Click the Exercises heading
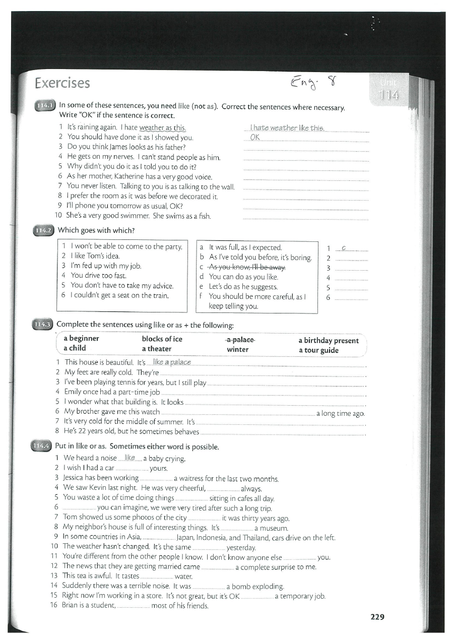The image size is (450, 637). click(62, 83)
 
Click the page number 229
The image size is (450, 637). click(377, 616)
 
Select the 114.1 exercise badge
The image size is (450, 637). click(44, 106)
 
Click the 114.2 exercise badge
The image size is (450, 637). click(43, 230)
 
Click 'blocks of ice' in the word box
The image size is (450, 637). click(162, 339)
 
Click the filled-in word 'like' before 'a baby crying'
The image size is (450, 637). click(130, 458)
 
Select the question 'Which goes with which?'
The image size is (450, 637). click(96, 230)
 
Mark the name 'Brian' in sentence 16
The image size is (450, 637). click(71, 605)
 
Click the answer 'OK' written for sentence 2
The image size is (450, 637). click(254, 137)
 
